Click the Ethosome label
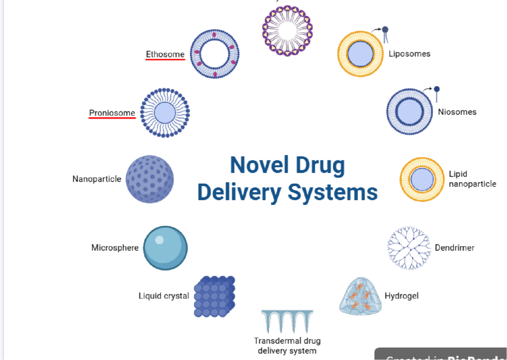coord(165,54)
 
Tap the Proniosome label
coord(112,113)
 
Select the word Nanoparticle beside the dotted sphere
coord(97,179)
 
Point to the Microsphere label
coord(115,248)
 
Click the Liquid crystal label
coord(164,296)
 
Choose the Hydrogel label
coord(402,296)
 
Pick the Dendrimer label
coord(455,248)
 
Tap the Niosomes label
coord(457,112)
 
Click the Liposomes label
coord(409,54)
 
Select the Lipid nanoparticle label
coord(472,179)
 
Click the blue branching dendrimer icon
coord(408,248)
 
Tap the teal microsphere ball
coord(165,248)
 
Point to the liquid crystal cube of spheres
coord(214,296)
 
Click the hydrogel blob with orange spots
coord(360,296)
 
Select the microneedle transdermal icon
coord(287,321)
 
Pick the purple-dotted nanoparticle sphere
coord(150,179)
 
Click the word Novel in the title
coord(258,165)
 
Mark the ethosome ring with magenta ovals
coord(215,54)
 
